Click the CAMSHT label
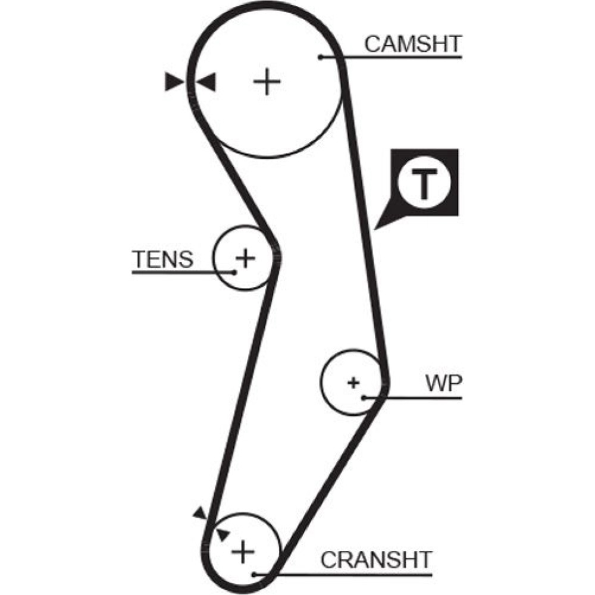click(x=413, y=44)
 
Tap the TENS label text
click(x=162, y=259)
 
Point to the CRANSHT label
click(x=376, y=560)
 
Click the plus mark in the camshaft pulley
click(x=267, y=82)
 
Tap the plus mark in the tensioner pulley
click(x=245, y=258)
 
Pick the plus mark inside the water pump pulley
click(x=354, y=382)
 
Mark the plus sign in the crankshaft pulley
click(x=242, y=552)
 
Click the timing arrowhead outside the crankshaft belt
click(x=199, y=512)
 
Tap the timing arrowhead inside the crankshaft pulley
click(x=222, y=533)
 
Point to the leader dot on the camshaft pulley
click(x=320, y=57)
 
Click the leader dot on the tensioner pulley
click(x=234, y=273)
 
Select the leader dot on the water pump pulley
click(x=364, y=397)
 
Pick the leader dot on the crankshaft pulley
click(x=254, y=575)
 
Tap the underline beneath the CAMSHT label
click(x=405, y=57)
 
